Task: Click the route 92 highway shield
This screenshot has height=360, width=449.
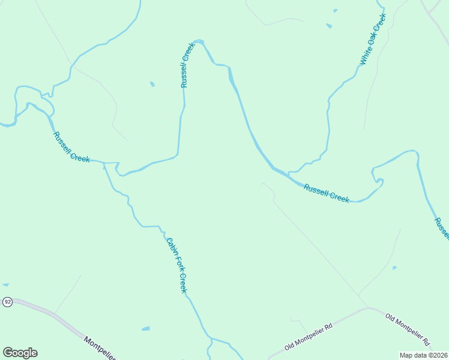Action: (7, 301)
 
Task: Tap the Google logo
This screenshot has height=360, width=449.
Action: (20, 353)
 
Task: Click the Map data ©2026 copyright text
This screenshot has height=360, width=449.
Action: (423, 355)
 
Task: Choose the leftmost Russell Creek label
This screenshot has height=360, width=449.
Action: (71, 148)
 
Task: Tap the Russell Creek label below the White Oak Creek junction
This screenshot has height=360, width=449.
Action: (326, 193)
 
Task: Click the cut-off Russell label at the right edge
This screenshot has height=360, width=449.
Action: (442, 229)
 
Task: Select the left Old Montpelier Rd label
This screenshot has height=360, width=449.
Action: (309, 337)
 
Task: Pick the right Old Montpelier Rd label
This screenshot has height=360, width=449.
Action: (408, 329)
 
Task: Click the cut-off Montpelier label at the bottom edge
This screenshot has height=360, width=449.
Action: (100, 348)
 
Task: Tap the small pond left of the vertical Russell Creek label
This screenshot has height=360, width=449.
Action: (152, 84)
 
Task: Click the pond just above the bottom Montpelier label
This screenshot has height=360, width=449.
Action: (145, 329)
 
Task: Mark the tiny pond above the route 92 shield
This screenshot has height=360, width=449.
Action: (5, 284)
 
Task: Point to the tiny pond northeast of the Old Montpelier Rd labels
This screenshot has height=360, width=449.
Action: (394, 268)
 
